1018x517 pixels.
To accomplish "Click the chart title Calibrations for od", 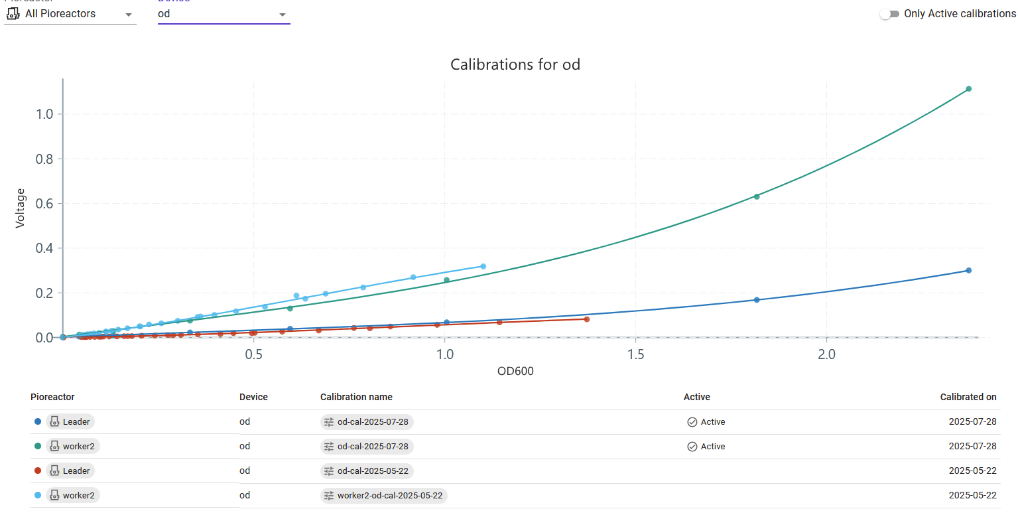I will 515,64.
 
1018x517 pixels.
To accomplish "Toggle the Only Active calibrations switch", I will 889,14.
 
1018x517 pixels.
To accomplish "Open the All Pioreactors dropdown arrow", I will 129,15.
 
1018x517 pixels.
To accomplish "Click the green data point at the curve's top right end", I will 968,89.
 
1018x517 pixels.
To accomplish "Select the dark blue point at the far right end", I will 968,270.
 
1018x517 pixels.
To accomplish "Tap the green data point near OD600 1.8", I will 756,196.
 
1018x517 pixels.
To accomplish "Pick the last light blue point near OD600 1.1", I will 483,266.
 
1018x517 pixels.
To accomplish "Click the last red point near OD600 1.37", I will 586,319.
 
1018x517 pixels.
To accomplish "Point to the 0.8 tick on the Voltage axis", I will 44,159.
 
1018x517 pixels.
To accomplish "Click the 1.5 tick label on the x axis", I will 635,354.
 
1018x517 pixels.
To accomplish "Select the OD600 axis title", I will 515,372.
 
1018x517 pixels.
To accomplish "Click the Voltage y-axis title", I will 21,208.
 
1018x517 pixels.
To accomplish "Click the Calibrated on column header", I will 968,397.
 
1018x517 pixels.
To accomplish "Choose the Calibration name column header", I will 356,397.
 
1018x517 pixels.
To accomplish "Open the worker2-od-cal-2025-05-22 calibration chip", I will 383,495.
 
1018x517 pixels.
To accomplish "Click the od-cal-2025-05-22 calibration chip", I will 366,471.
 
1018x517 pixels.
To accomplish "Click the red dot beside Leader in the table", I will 37,471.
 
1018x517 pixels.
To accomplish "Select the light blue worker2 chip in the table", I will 72,495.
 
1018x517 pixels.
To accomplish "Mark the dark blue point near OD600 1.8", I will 756,300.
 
